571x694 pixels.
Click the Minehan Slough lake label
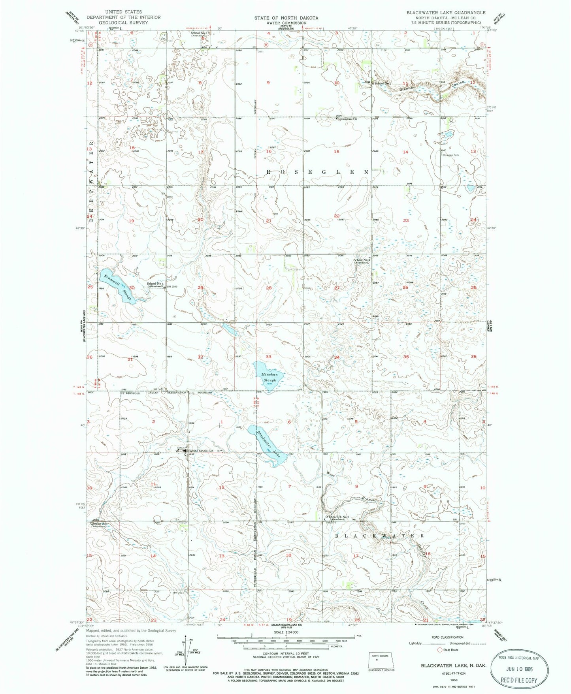(269, 377)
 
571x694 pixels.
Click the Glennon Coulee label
(433, 85)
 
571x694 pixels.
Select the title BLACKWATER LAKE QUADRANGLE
(446, 13)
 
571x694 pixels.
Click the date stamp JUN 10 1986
(518, 669)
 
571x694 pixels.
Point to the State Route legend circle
(439, 650)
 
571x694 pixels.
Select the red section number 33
(269, 357)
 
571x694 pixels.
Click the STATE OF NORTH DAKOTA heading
(286, 18)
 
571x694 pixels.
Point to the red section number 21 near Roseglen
(269, 221)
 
